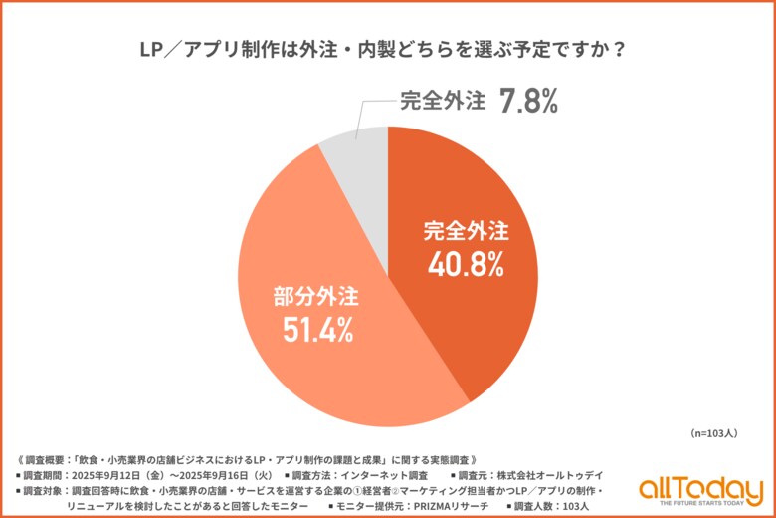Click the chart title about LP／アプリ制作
pyautogui.click(x=388, y=49)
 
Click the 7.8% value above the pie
pyautogui.click(x=528, y=101)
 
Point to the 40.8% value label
pyautogui.click(x=465, y=264)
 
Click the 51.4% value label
pyautogui.click(x=314, y=329)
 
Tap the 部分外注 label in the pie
pyautogui.click(x=315, y=296)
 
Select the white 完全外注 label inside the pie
pyautogui.click(x=465, y=232)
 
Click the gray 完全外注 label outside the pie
pyautogui.click(x=442, y=102)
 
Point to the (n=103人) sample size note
pyautogui.click(x=712, y=434)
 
